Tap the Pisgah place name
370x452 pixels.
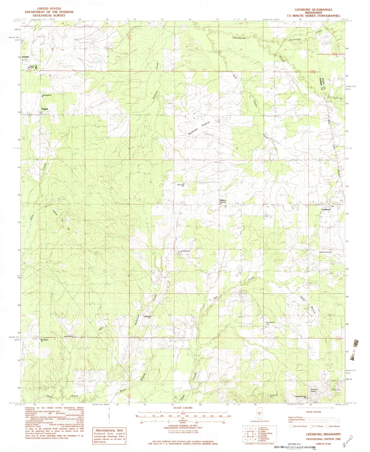click(x=44, y=109)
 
